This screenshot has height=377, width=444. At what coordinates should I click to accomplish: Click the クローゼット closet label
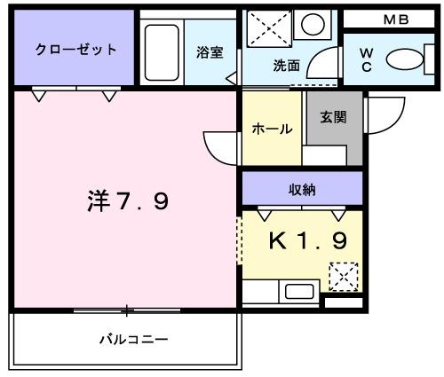[x=75, y=49]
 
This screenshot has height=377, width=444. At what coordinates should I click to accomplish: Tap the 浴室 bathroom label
[x=209, y=52]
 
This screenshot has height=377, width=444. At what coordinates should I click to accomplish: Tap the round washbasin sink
[x=312, y=24]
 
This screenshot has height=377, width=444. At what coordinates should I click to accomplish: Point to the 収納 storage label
[x=302, y=187]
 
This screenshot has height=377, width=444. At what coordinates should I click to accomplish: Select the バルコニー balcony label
[x=133, y=339]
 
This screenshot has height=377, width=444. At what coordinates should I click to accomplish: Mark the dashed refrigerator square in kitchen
[x=343, y=277]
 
